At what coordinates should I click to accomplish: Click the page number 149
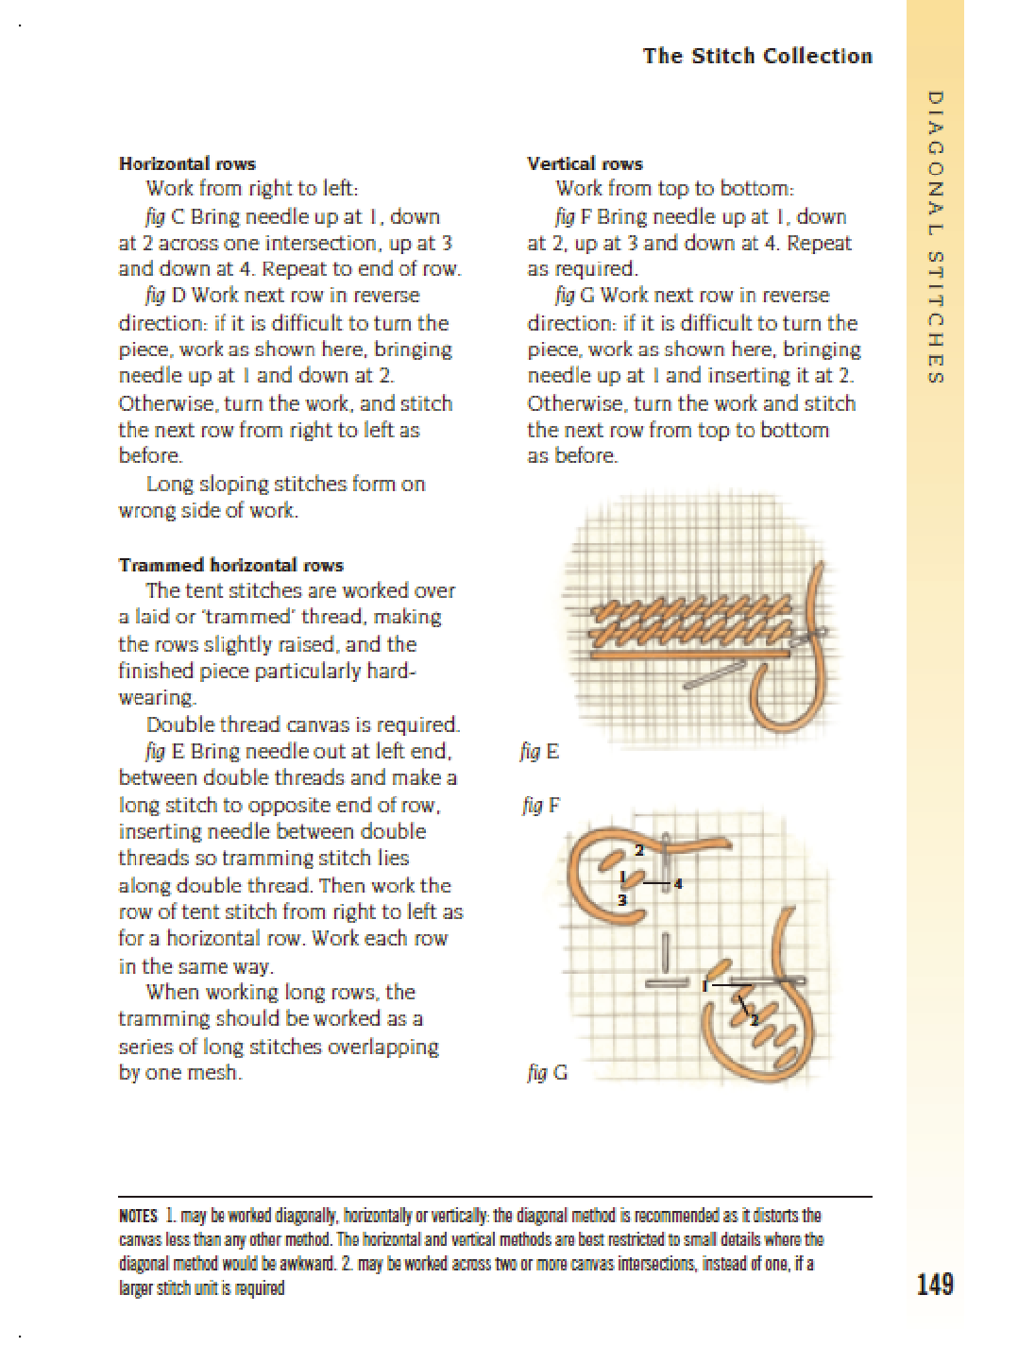(x=934, y=1284)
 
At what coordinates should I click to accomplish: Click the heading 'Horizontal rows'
(x=187, y=163)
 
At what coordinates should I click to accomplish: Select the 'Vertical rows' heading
(x=585, y=163)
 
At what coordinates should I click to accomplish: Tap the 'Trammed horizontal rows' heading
(x=231, y=565)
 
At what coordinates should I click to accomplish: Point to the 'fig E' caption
(x=539, y=752)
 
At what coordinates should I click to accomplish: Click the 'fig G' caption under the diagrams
(x=547, y=1072)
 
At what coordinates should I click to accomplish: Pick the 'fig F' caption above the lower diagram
(x=541, y=806)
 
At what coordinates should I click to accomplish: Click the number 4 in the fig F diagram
(x=678, y=884)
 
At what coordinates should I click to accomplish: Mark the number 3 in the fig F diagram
(x=622, y=900)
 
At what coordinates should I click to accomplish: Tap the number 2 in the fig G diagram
(x=754, y=1019)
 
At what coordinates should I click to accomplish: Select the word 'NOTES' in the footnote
(x=138, y=1216)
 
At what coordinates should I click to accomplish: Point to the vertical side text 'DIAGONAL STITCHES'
(x=935, y=236)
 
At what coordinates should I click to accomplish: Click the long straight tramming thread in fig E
(x=689, y=653)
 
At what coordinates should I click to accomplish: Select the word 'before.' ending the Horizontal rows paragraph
(x=150, y=455)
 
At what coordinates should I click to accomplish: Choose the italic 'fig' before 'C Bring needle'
(x=155, y=216)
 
